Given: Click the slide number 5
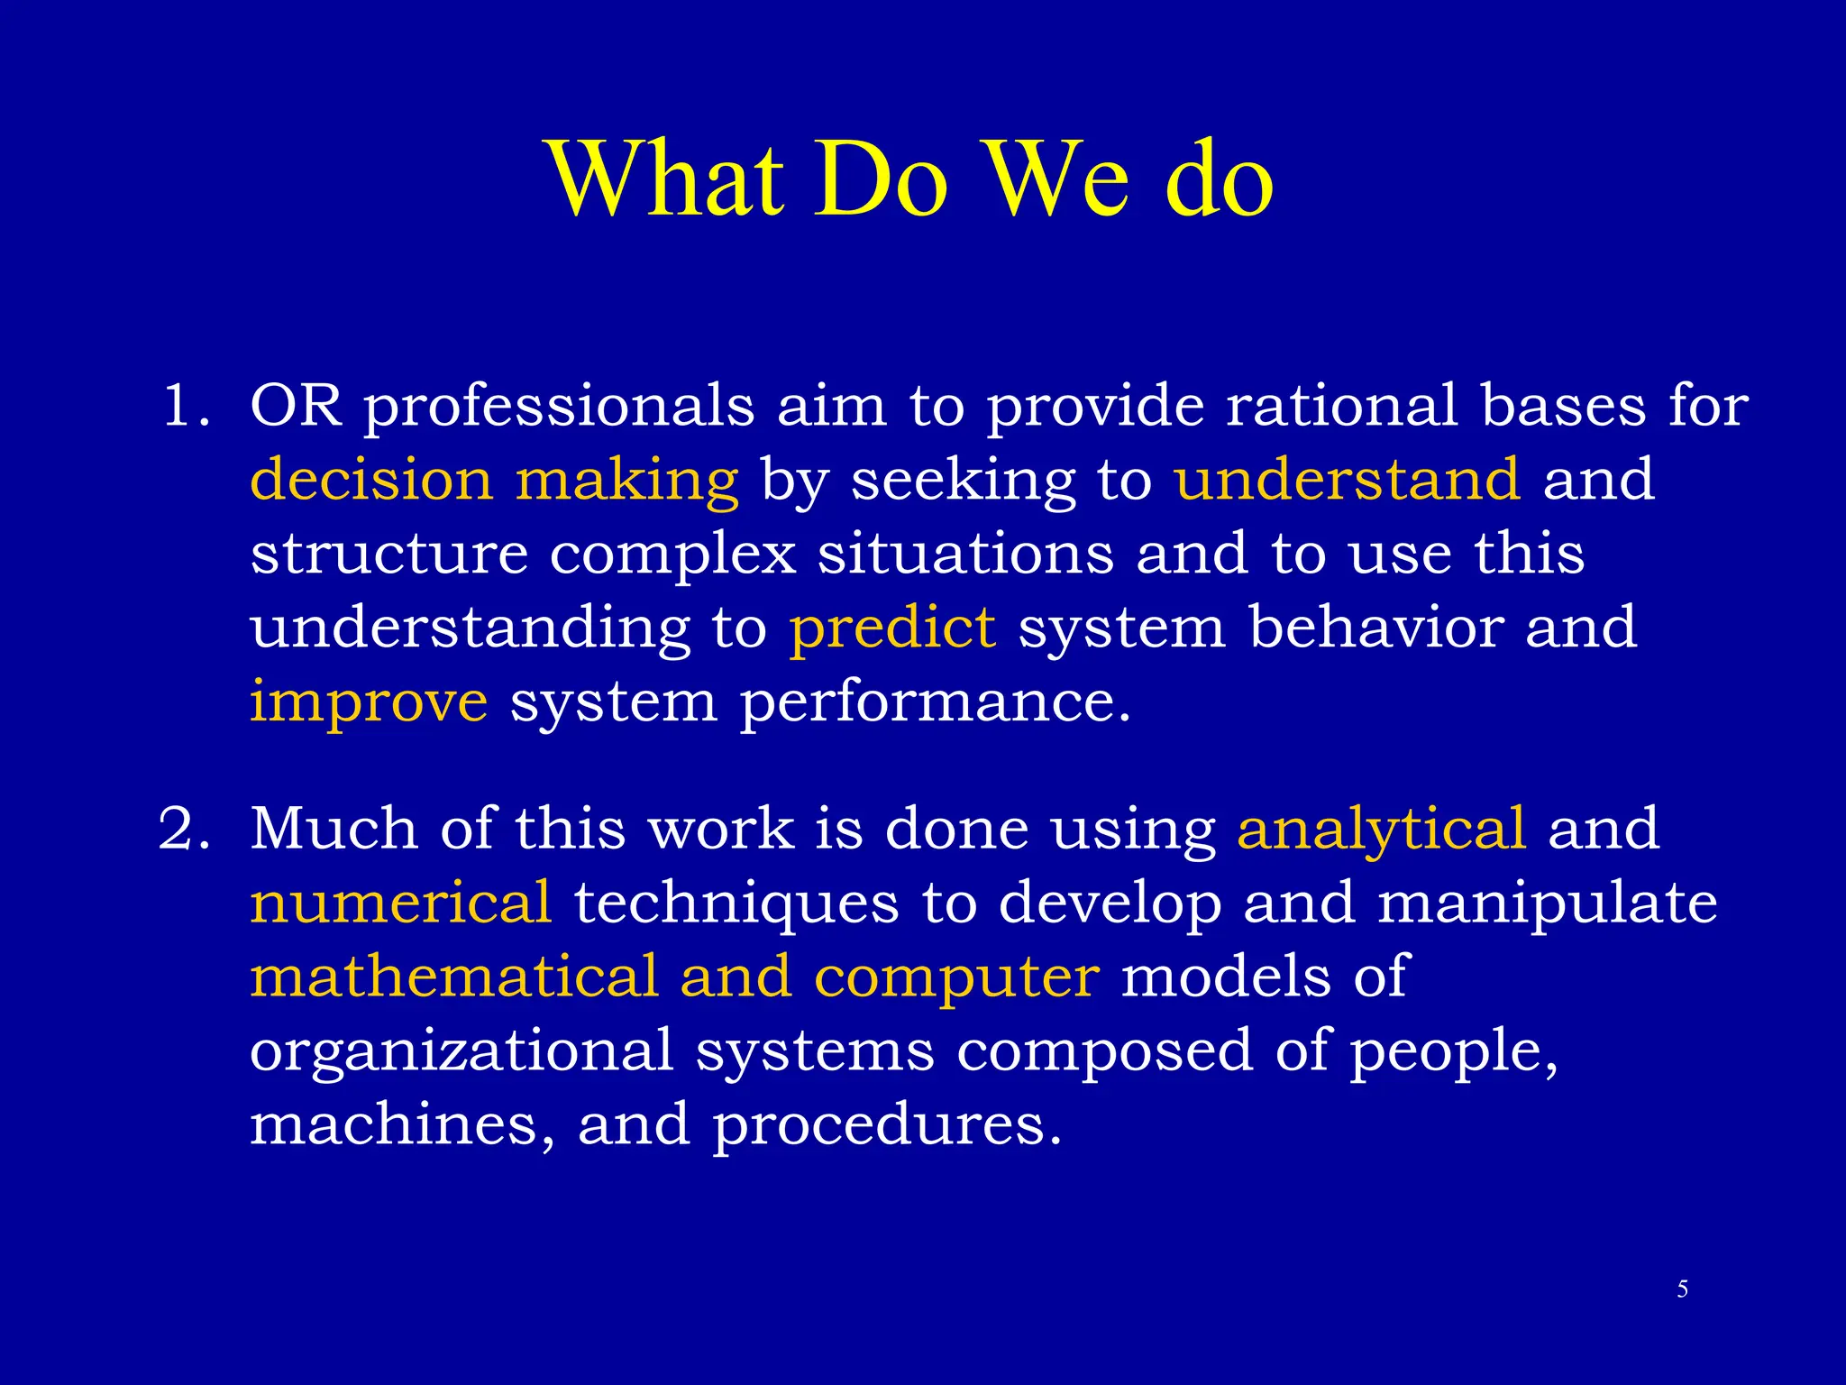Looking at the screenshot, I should coord(1682,1289).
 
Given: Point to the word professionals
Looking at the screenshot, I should coord(559,408).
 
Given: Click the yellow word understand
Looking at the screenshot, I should coord(1348,480).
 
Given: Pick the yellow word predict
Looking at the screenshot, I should coord(892,628).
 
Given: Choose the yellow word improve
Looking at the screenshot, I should coord(369,702).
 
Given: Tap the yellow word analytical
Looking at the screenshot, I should coord(1381,830).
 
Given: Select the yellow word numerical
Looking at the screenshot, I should coord(400,903).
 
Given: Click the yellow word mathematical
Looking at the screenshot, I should coord(454,977).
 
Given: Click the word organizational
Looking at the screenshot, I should coord(461,1052).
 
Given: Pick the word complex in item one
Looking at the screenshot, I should coord(672,555).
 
